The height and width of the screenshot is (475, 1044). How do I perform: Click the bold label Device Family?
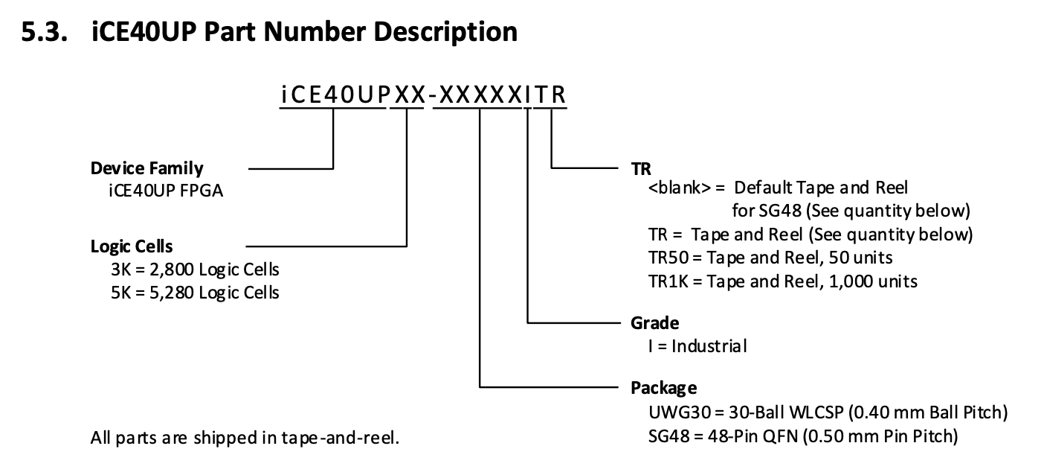(146, 168)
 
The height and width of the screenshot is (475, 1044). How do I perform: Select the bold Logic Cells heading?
(132, 246)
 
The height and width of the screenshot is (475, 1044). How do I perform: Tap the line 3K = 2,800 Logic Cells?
(195, 269)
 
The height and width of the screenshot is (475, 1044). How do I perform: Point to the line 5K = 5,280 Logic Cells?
(195, 292)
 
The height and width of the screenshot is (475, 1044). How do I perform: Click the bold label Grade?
(654, 323)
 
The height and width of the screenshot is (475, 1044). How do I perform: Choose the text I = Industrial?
(697, 346)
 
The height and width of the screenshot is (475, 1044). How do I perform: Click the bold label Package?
(664, 387)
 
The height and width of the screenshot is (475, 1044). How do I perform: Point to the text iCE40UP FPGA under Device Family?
(166, 191)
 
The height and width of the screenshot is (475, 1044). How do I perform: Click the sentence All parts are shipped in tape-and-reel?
(245, 438)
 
